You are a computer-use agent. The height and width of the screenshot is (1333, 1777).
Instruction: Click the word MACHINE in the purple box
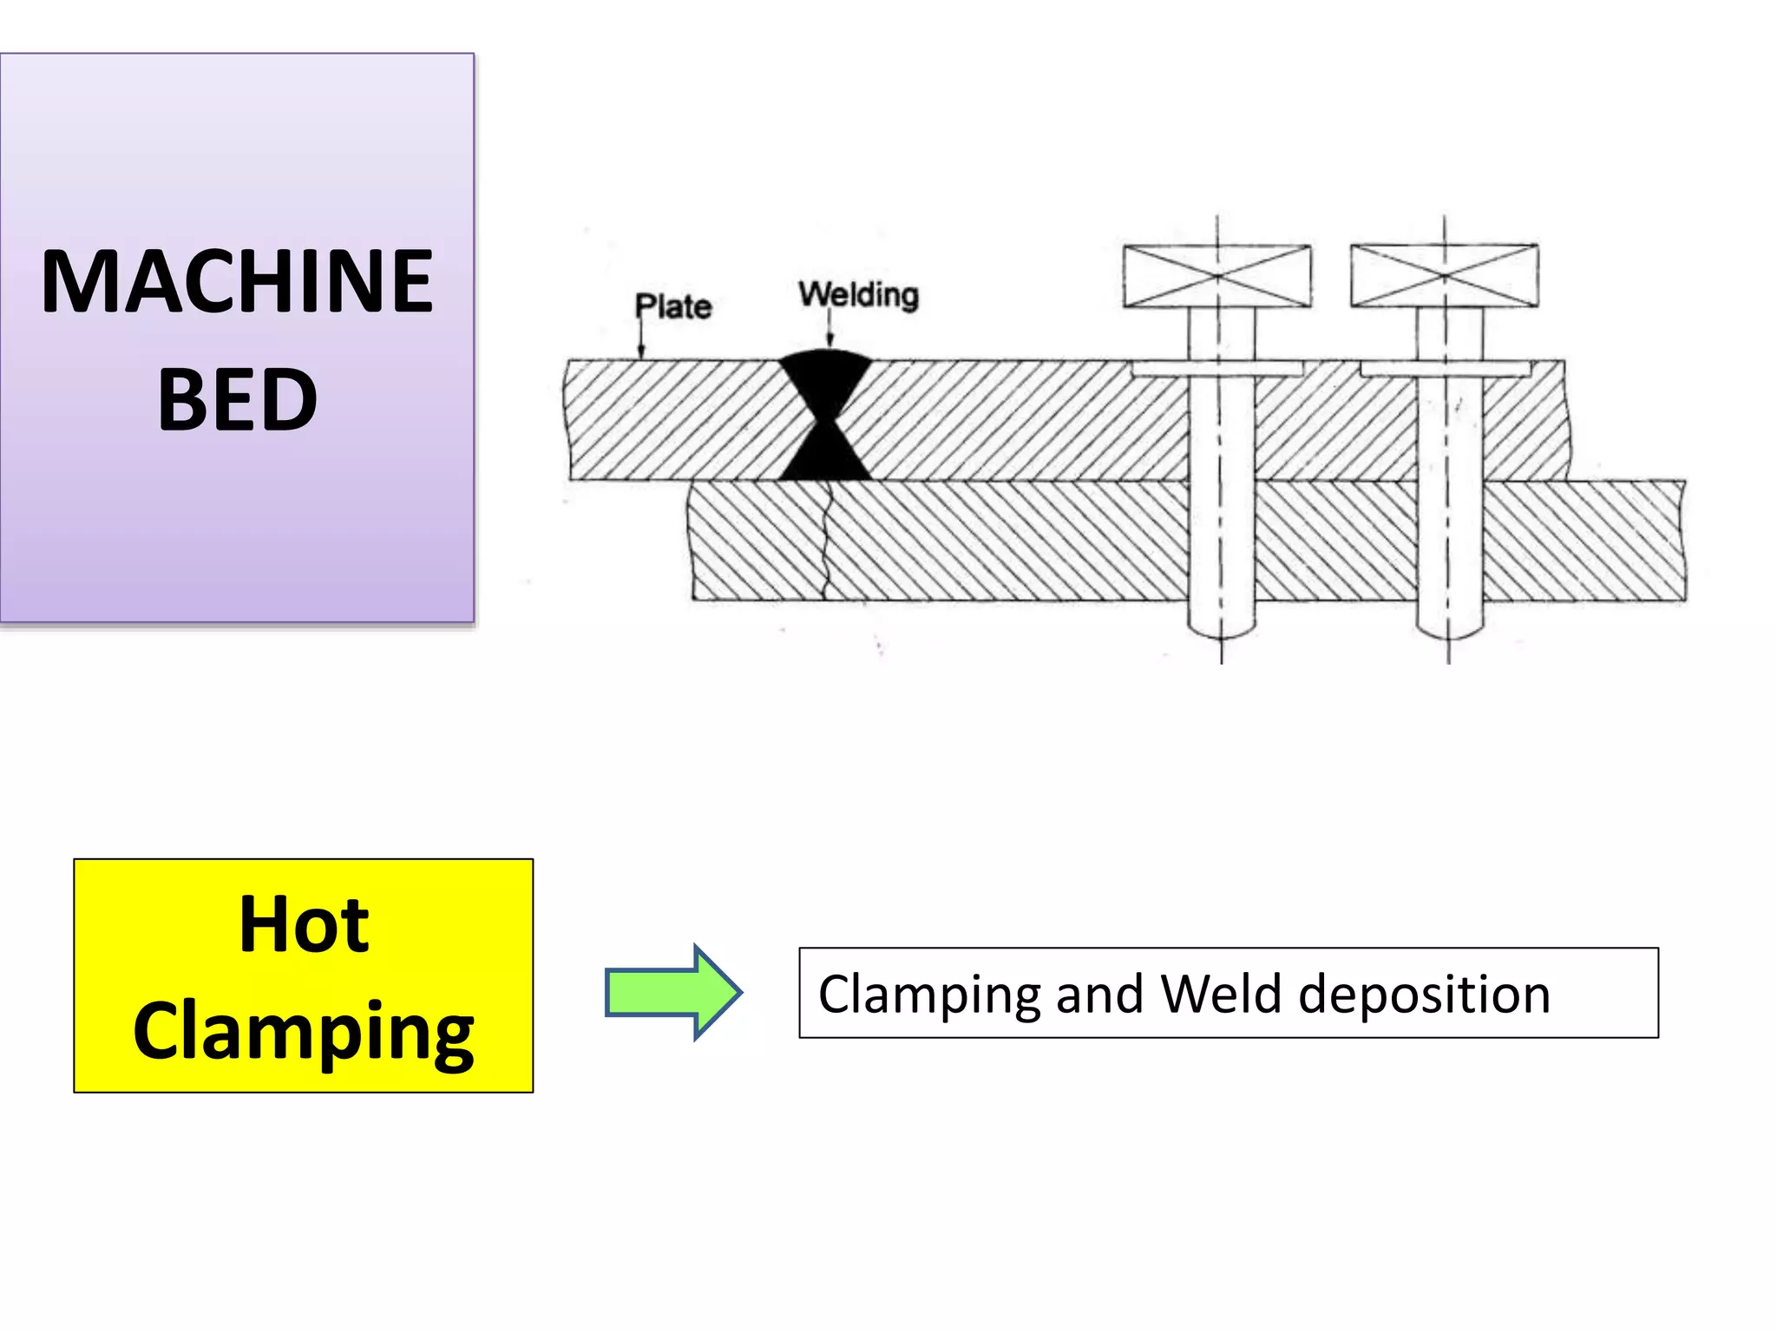[x=237, y=281]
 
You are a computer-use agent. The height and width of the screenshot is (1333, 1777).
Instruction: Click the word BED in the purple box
[x=237, y=400]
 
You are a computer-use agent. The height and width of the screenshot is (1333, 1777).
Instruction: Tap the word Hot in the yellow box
[x=304, y=925]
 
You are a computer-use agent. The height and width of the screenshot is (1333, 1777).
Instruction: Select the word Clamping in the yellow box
[x=304, y=1031]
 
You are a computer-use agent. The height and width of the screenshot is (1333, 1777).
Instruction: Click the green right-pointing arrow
[x=673, y=992]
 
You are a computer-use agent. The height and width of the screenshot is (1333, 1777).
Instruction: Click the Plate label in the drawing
[x=673, y=306]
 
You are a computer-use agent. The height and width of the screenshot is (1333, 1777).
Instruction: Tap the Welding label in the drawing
[x=858, y=295]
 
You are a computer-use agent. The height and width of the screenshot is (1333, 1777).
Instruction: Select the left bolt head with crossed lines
[x=1216, y=276]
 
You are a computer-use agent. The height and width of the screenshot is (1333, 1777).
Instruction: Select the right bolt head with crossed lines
[x=1445, y=276]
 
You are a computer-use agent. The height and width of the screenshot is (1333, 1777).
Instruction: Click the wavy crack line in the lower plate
[x=826, y=542]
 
